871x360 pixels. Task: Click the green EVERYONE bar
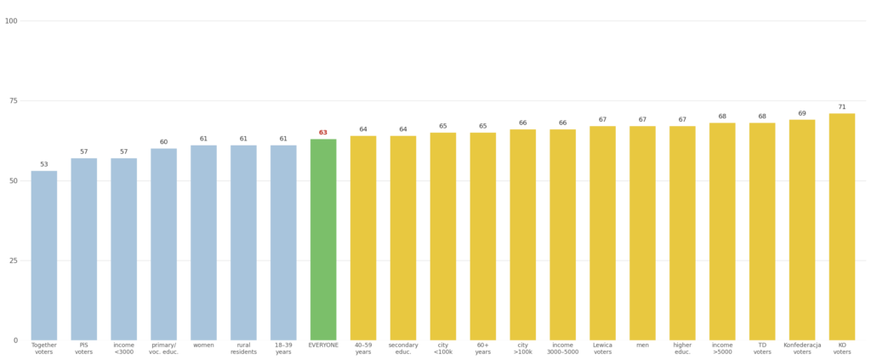tap(323, 239)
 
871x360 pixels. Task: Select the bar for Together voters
tap(44, 255)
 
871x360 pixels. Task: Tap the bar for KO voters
tap(842, 226)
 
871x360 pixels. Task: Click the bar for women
tap(203, 243)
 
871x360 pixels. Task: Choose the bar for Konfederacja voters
tap(802, 230)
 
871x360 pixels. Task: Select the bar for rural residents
tap(243, 243)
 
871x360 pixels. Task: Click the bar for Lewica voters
tap(602, 233)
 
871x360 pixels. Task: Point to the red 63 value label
tap(323, 133)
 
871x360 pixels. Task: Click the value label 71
tap(842, 107)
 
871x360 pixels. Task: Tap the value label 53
tap(44, 164)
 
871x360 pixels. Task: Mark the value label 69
tap(802, 113)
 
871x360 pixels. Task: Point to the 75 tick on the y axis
tap(12, 100)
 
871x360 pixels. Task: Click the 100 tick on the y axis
tap(11, 20)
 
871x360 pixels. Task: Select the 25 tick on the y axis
tap(12, 260)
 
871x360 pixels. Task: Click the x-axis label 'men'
tap(642, 346)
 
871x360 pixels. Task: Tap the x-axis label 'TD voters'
tap(762, 348)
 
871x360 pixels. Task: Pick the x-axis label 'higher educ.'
tap(682, 348)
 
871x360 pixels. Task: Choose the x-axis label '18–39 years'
tap(283, 348)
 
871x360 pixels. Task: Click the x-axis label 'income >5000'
tap(722, 348)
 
